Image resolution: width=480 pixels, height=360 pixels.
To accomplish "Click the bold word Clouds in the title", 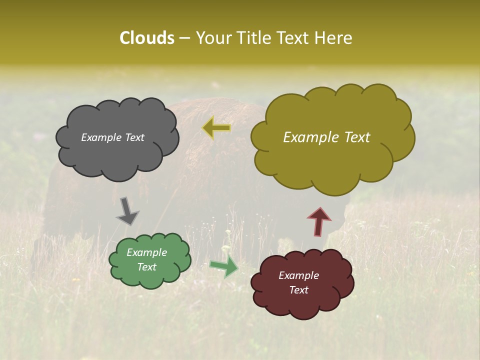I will point(146,38).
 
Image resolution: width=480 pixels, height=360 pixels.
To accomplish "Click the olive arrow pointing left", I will point(216,128).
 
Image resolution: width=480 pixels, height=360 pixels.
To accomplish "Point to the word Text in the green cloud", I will point(147,267).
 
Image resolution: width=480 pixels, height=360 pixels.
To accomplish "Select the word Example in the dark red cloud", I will point(298,275).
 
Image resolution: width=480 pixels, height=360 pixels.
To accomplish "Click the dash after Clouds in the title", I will point(183,38).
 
